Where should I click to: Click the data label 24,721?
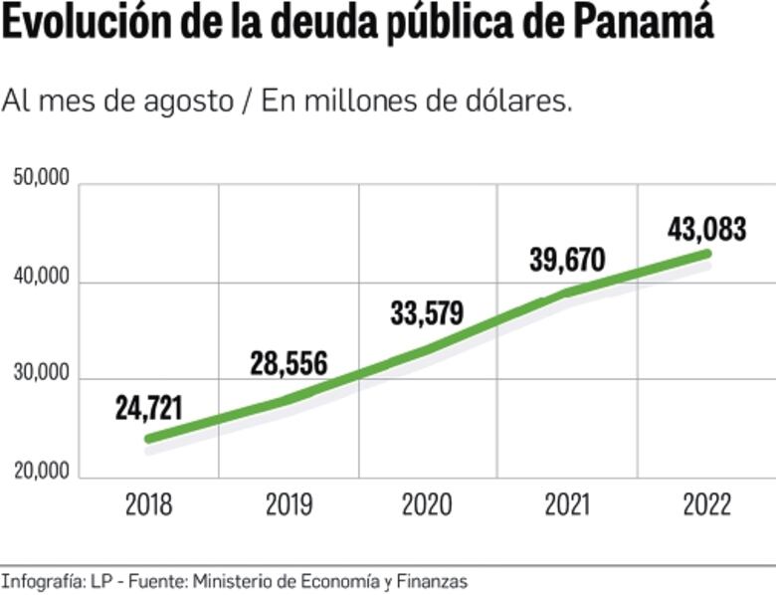click(x=149, y=408)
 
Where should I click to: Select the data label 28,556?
click(x=288, y=364)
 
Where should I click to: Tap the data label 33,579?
click(x=427, y=313)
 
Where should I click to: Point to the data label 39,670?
click(x=567, y=261)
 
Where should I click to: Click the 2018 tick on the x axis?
click(x=149, y=504)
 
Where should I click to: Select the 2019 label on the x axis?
click(x=289, y=504)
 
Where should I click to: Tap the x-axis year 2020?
click(x=427, y=504)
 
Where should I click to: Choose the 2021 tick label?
click(x=568, y=504)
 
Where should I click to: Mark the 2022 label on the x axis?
click(x=707, y=504)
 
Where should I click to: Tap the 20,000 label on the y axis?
click(x=42, y=471)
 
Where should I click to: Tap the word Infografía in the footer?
click(x=42, y=580)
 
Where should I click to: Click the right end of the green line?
click(x=707, y=253)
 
